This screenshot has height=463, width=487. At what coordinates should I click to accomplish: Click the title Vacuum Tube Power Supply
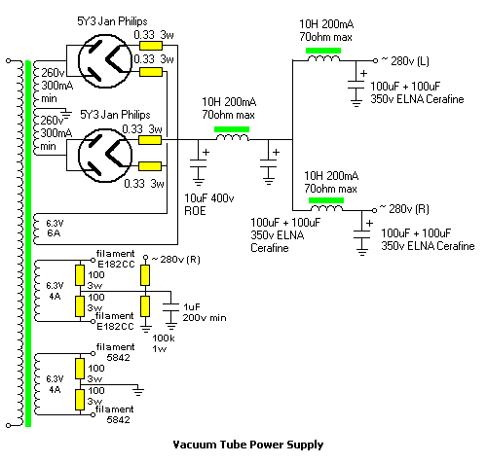pyautogui.click(x=248, y=445)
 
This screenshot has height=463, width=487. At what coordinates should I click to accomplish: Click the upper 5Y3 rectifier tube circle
pyautogui.click(x=79, y=60)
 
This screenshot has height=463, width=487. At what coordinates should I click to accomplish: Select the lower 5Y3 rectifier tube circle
pyautogui.click(x=79, y=155)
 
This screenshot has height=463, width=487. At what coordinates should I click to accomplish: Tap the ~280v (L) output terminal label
pyautogui.click(x=405, y=60)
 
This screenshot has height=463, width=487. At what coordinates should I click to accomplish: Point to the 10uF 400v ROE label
pyautogui.click(x=209, y=204)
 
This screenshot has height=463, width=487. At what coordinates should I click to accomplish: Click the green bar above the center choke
pyautogui.click(x=232, y=129)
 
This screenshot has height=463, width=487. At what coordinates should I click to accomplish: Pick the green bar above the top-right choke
pyautogui.click(x=323, y=51)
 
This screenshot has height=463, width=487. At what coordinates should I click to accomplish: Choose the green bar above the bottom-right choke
pyautogui.click(x=326, y=200)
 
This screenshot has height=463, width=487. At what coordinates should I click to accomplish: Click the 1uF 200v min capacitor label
pyautogui.click(x=205, y=312)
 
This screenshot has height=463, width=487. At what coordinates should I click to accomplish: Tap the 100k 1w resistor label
pyautogui.click(x=164, y=343)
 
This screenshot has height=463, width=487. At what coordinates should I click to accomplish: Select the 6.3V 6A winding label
pyautogui.click(x=55, y=229)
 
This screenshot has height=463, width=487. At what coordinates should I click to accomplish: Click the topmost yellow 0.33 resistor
pyautogui.click(x=151, y=46)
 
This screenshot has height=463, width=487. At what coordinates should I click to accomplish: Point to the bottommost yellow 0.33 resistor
pyautogui.click(x=150, y=166)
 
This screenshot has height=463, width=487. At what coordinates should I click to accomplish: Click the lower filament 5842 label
pyautogui.click(x=114, y=414)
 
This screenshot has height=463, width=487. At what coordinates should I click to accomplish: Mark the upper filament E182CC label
pyautogui.click(x=116, y=259)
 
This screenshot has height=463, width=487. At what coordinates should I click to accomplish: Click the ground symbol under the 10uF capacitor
pyautogui.click(x=199, y=181)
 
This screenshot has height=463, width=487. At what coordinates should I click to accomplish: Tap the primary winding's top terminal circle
pyautogui.click(x=9, y=60)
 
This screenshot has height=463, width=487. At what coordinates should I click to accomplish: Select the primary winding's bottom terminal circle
pyautogui.click(x=9, y=425)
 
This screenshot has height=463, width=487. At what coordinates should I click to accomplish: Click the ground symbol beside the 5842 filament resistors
pyautogui.click(x=138, y=391)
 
